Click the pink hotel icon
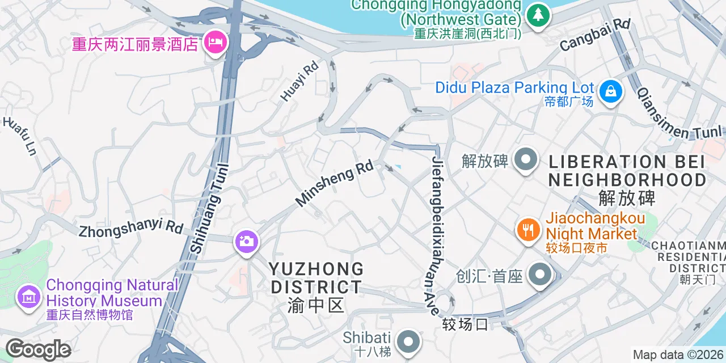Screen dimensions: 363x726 pos(215,42)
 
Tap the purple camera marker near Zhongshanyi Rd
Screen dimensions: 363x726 pos(246,242)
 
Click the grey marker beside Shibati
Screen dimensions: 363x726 pos(407,342)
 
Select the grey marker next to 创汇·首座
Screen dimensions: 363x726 pos(539,275)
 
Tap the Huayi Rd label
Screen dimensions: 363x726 pos(299,81)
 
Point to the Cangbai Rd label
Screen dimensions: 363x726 pos(595,35)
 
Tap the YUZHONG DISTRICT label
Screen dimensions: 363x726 pos(315,278)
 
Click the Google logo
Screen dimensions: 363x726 pos(38,350)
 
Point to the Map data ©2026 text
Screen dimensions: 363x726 pos(678,355)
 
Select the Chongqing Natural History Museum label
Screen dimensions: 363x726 pos(112,293)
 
